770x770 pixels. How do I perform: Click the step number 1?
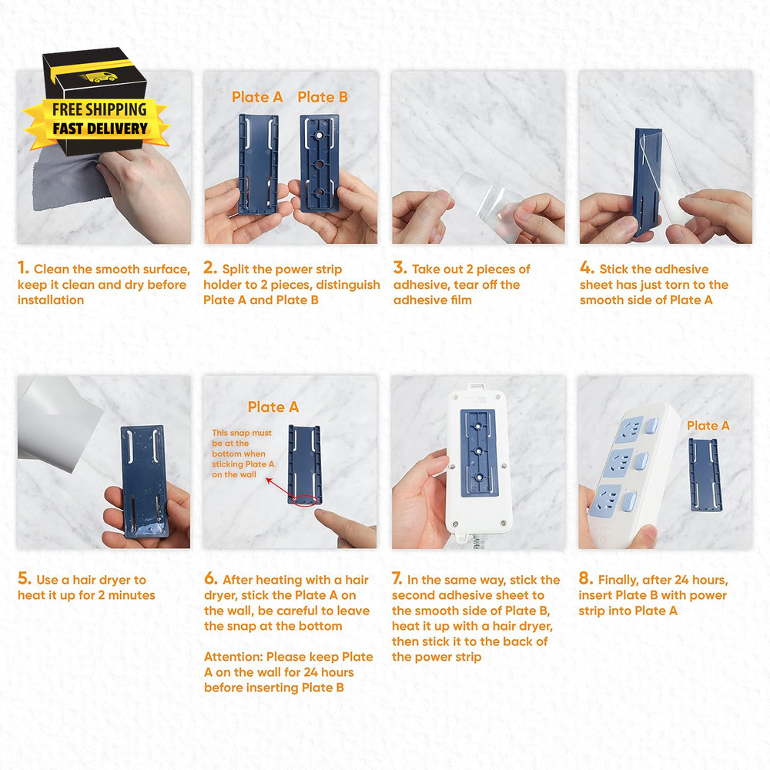click(23, 269)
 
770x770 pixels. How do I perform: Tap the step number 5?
click(24, 580)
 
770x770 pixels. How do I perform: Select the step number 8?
click(584, 580)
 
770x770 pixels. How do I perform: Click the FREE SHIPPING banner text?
click(99, 109)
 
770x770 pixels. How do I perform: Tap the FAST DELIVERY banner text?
click(99, 129)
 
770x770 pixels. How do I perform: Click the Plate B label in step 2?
click(323, 97)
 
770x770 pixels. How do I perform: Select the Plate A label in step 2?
click(257, 97)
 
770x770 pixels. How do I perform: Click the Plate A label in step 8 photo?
click(708, 426)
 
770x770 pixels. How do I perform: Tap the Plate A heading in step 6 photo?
click(273, 407)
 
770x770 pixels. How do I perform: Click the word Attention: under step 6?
click(233, 657)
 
